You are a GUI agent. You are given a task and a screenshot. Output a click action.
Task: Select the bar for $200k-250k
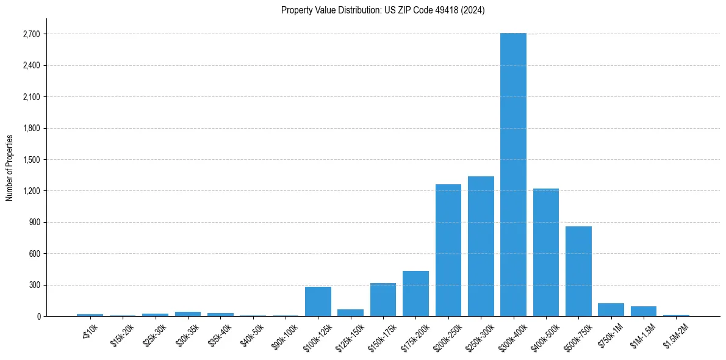448,250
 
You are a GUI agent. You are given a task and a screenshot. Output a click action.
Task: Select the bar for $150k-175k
383,300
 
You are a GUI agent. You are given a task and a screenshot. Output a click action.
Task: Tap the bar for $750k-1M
611,309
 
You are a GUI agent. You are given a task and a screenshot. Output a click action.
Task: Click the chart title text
383,10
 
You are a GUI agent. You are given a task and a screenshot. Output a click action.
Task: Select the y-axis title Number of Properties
10,167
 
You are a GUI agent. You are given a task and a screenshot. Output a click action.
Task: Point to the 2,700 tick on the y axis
31,34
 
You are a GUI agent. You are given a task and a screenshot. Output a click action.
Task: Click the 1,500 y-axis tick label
31,160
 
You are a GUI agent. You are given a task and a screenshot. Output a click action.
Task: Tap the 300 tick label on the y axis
34,285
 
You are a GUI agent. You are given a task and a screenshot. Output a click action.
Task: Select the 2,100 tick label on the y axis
31,97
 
